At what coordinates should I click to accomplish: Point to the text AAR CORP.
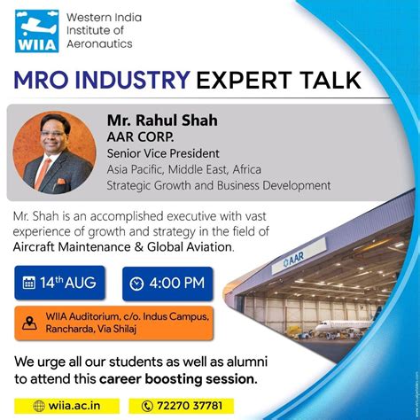pos(142,136)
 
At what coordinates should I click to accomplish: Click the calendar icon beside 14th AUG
pos(30,283)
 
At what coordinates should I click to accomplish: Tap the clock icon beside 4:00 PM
pos(136,284)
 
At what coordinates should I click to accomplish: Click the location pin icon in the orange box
pos(29,323)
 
